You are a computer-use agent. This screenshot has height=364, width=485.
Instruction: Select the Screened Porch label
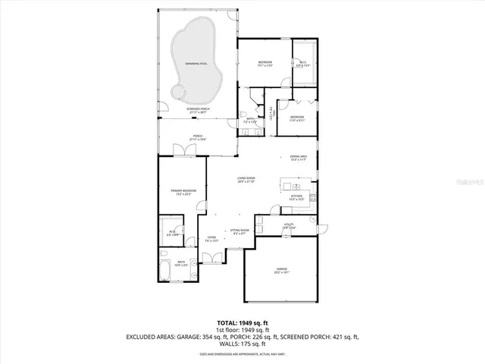coord(199,111)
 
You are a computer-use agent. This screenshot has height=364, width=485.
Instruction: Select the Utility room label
coord(289,225)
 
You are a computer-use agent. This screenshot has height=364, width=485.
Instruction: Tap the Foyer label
coord(211,239)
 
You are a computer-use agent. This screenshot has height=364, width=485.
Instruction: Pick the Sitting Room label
coord(239,231)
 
